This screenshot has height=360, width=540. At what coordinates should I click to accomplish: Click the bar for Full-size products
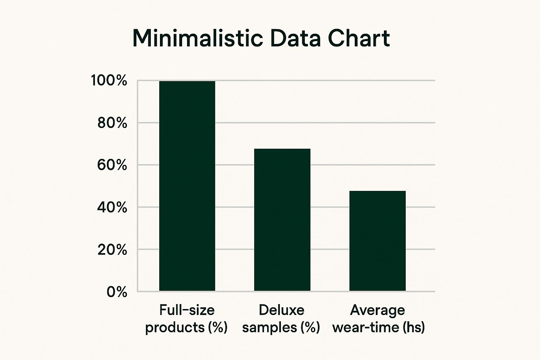point(187,186)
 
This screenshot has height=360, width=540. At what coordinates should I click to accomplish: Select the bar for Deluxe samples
point(282,220)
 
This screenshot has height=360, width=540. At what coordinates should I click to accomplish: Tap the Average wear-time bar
point(377,241)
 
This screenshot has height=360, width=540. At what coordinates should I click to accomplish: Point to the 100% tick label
point(109,81)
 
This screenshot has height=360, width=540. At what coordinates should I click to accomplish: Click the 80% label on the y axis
point(112,123)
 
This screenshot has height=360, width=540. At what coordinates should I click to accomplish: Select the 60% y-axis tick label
point(112,165)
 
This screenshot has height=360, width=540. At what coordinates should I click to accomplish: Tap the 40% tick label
point(112,207)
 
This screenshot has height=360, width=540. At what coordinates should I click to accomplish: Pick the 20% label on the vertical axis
point(112,250)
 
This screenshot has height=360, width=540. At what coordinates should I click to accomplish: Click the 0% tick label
point(117,292)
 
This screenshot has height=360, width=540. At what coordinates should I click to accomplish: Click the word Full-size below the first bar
point(187,310)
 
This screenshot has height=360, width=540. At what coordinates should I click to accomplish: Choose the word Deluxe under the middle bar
point(282,310)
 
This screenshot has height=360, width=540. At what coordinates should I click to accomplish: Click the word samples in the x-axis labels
point(270,328)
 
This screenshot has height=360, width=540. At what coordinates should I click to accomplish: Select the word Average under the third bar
point(378,310)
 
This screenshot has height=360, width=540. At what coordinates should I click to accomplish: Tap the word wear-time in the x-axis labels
point(366,328)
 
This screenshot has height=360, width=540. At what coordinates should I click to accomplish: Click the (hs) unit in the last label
point(413,328)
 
